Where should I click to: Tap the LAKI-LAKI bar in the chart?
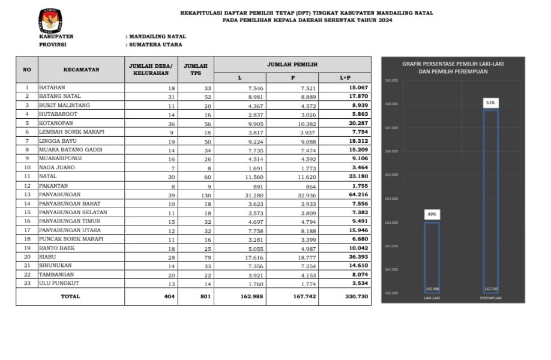432,258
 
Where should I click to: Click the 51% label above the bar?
490,103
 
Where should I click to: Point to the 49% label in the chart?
432,214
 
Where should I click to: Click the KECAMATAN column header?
81,70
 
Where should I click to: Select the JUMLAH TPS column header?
196,70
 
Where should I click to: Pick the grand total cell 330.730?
350,296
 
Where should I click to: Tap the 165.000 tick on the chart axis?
391,175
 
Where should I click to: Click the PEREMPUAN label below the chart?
490,298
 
